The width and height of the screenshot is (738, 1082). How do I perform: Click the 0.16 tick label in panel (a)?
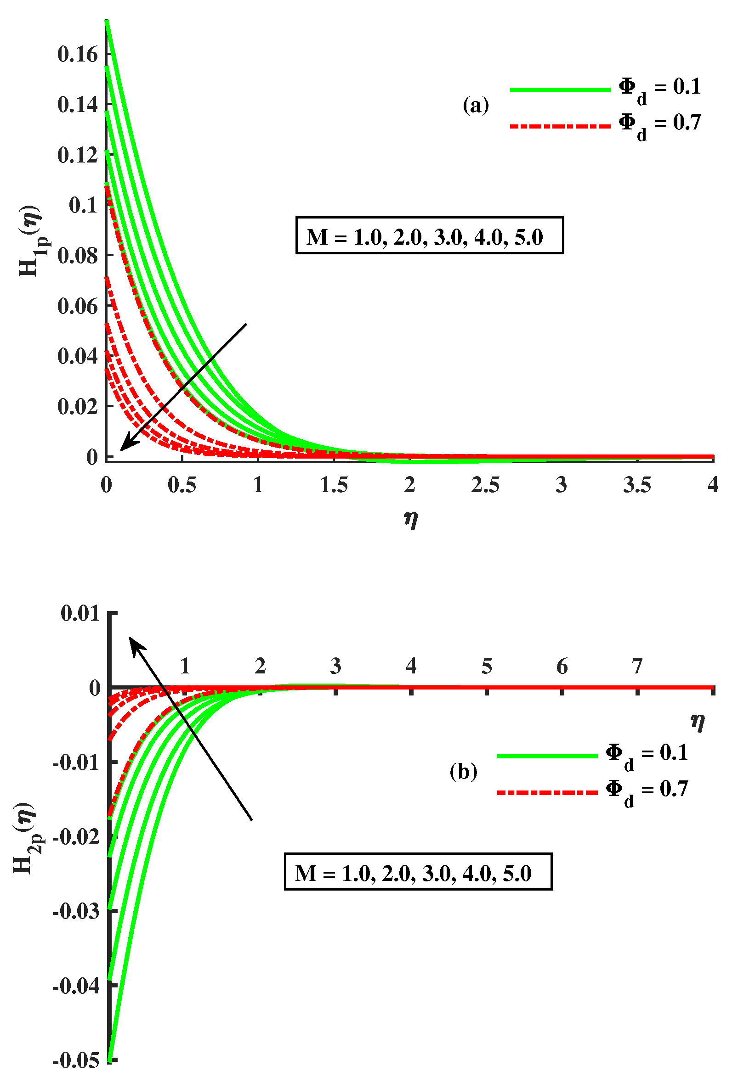(71, 55)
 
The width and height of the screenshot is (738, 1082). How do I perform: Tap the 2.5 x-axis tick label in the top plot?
(485, 485)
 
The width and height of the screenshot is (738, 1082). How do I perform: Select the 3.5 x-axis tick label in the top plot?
(637, 485)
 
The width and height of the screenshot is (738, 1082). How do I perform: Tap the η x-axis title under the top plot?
(410, 518)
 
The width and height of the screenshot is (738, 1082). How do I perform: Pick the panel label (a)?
(476, 105)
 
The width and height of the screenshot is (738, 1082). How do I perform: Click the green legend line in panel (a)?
(560, 90)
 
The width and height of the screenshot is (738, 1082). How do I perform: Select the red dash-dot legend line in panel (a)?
(560, 126)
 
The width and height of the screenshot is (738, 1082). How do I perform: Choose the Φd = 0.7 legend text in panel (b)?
(646, 790)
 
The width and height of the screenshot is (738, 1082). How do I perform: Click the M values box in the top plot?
(429, 235)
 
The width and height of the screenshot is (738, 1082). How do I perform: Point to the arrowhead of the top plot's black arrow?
(124, 447)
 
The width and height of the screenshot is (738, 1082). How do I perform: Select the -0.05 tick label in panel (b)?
(76, 1060)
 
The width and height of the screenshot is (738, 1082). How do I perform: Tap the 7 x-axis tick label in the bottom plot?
(637, 667)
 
